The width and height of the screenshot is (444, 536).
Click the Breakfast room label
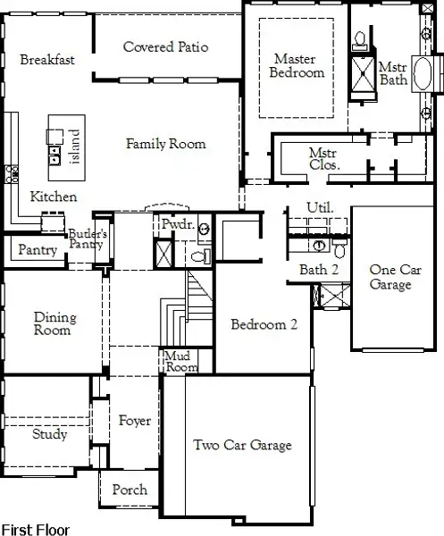tap(46, 60)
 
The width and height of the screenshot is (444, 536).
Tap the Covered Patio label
tap(166, 46)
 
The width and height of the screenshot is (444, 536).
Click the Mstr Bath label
tap(393, 73)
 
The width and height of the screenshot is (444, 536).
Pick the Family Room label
tap(165, 143)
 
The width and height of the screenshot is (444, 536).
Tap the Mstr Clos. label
tap(323, 159)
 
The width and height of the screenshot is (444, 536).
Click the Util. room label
tap(319, 207)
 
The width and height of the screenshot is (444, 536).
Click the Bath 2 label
tap(319, 269)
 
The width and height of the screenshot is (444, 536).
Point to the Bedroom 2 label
tap(264, 324)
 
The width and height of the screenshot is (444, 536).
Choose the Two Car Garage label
tap(242, 445)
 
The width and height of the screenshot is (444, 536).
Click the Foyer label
tap(134, 421)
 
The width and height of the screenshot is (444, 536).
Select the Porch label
tap(130, 490)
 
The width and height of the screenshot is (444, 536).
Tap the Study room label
tap(50, 435)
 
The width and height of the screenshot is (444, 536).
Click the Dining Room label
tap(54, 323)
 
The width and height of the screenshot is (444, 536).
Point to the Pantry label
tap(37, 250)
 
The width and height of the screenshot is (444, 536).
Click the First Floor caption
tap(35, 529)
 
